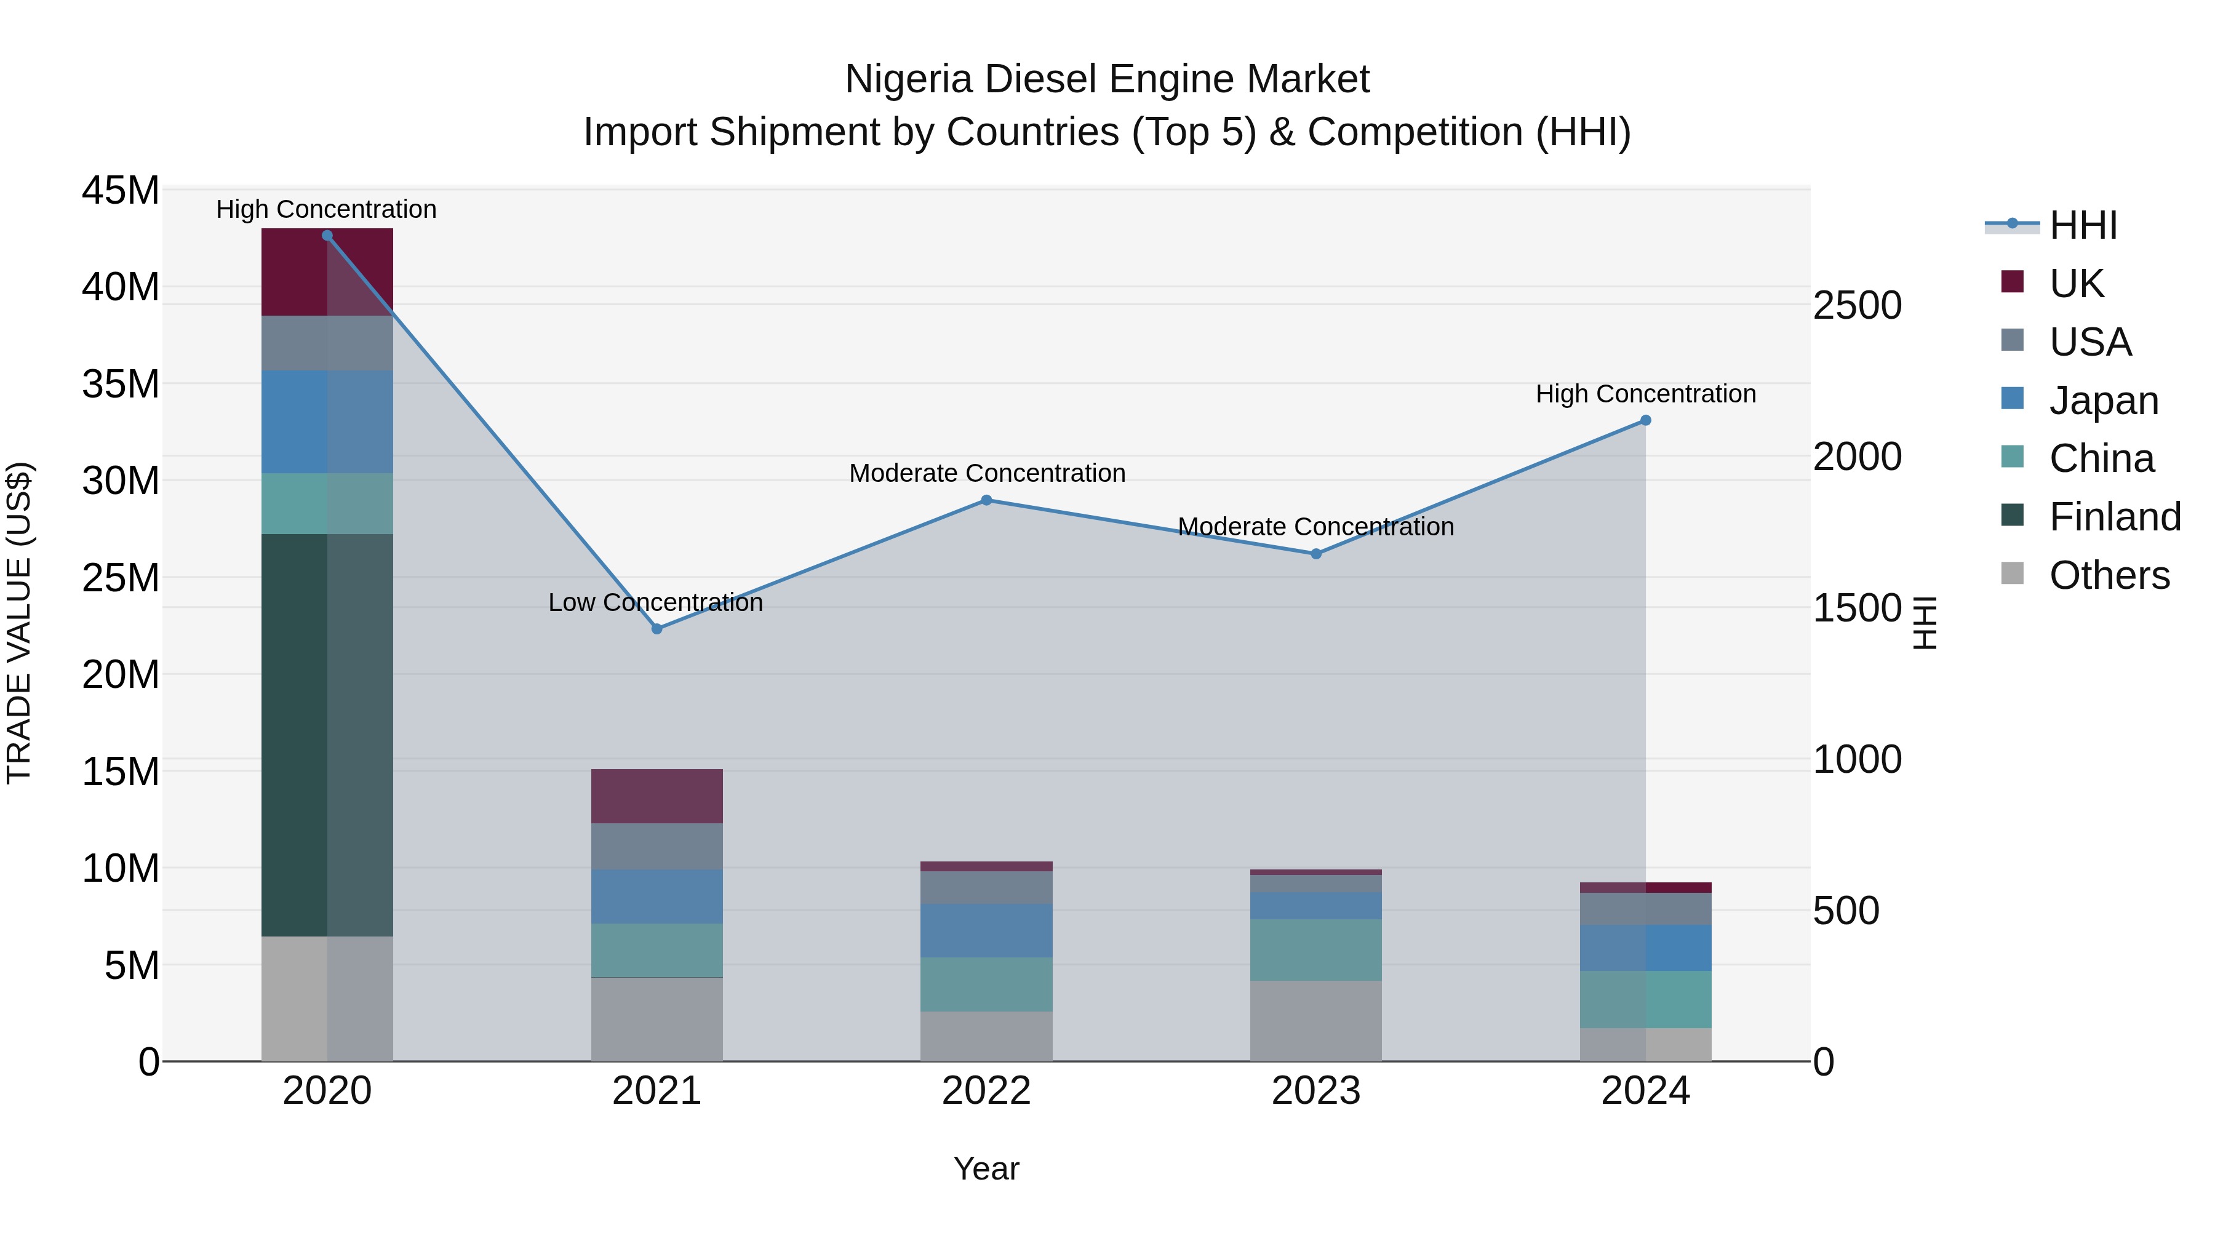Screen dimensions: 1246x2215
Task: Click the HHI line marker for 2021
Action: coord(657,629)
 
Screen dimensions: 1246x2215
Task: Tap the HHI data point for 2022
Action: coord(986,500)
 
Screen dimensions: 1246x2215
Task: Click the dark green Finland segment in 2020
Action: coord(327,735)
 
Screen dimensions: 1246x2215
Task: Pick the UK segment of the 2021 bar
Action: coord(657,796)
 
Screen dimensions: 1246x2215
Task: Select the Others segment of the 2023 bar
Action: coord(1315,1021)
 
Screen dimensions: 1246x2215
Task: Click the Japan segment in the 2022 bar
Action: coord(986,930)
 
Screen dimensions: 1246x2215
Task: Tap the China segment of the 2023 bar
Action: coord(1315,950)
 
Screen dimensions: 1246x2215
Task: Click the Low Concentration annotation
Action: coord(655,603)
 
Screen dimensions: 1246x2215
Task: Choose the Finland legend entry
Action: coord(2114,517)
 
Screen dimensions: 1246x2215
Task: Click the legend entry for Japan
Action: coord(2103,401)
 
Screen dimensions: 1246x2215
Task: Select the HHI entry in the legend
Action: coord(2083,225)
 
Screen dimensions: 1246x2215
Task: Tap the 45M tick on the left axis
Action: coord(121,190)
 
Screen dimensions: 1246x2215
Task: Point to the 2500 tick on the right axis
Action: coord(1858,306)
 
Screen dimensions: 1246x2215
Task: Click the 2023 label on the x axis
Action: coord(1315,1091)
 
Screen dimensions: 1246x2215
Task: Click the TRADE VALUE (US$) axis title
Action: coord(19,623)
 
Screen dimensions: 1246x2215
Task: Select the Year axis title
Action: coord(986,1168)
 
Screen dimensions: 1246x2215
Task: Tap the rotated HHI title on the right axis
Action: coord(1925,623)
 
